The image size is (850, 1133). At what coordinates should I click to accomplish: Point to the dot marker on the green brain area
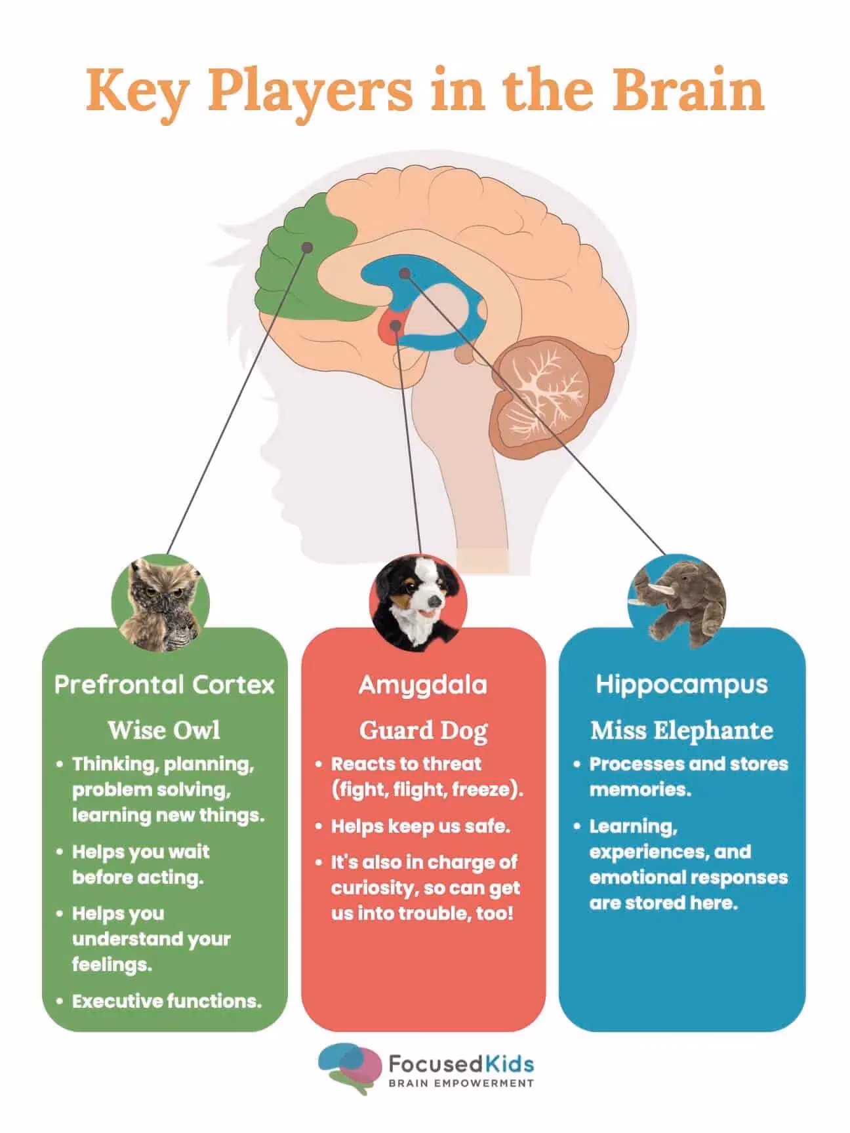(x=306, y=247)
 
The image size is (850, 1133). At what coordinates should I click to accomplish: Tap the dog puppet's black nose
(x=432, y=603)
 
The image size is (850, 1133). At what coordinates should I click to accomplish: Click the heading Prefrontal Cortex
(x=165, y=685)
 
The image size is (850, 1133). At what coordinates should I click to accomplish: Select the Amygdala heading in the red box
(x=423, y=685)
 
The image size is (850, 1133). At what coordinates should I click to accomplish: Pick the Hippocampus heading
(x=681, y=685)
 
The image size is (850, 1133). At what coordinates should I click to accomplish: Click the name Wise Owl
(x=164, y=730)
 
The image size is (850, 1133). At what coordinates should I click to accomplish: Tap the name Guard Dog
(x=423, y=730)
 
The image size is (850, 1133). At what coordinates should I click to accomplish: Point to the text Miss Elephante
(x=681, y=730)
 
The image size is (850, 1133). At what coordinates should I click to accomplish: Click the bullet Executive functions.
(x=167, y=1001)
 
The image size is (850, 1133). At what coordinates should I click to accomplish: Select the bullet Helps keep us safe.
(x=420, y=826)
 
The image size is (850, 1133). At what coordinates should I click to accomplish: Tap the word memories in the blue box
(x=640, y=789)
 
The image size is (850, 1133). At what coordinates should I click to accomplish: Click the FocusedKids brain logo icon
(x=350, y=1069)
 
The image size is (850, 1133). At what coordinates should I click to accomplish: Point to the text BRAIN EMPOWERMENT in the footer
(x=461, y=1083)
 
